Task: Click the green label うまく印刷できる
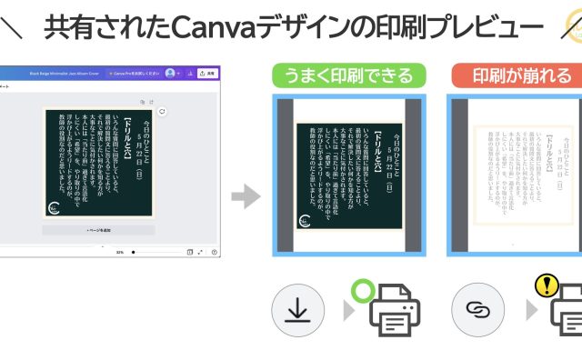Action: tap(349, 75)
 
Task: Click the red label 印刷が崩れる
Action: tap(515, 75)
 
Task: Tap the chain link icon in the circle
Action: tap(477, 310)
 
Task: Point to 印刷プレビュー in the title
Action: tap(441, 29)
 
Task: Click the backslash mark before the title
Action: tap(13, 29)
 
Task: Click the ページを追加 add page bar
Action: tap(98, 231)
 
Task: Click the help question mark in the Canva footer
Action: tap(214, 252)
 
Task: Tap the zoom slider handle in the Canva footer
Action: tap(133, 252)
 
